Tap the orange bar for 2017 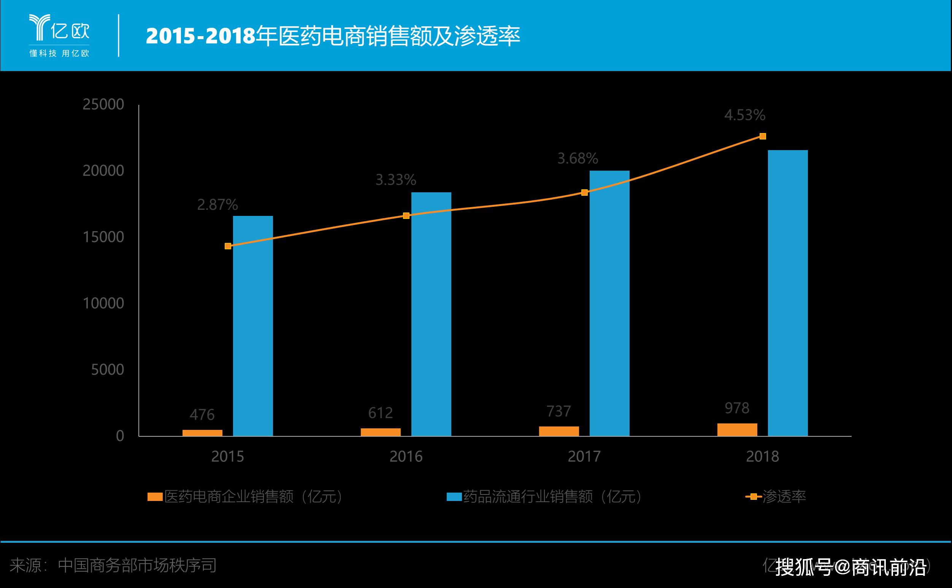[559, 431]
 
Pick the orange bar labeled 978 [737, 430]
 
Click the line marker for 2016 [406, 216]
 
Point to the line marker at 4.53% [763, 136]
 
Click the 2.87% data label [217, 204]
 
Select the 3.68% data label [577, 158]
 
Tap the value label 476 [202, 415]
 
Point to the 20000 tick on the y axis [103, 171]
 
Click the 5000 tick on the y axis [107, 369]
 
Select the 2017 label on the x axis [584, 456]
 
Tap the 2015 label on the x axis [227, 456]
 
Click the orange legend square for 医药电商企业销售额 [155, 497]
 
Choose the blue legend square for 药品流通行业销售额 [454, 497]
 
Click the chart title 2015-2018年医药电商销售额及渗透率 [333, 36]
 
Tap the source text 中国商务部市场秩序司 [137, 565]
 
